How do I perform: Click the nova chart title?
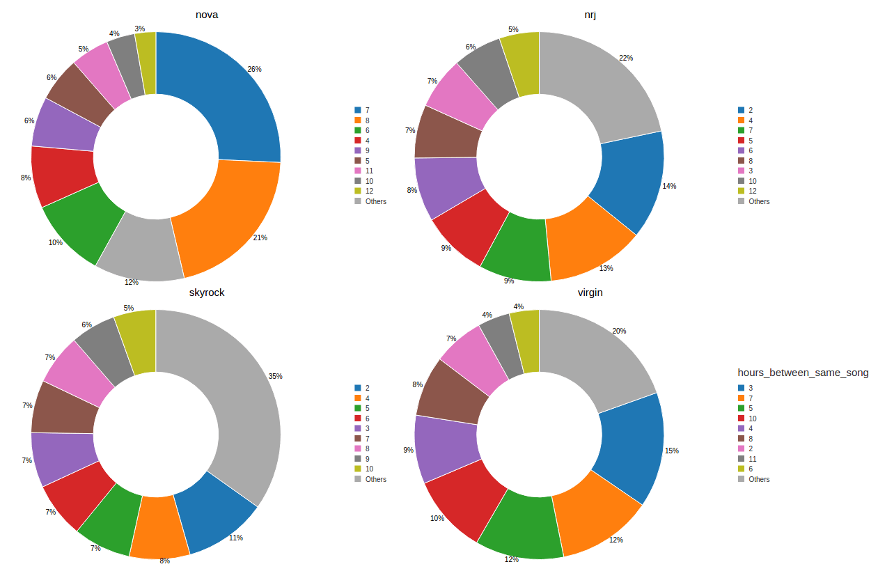206,15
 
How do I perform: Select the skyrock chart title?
207,292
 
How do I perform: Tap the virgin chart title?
590,292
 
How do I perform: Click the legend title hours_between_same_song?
803,373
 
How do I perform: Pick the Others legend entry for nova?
375,201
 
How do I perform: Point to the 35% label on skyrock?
275,376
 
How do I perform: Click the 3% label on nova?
140,29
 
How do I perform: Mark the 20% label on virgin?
618,331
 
